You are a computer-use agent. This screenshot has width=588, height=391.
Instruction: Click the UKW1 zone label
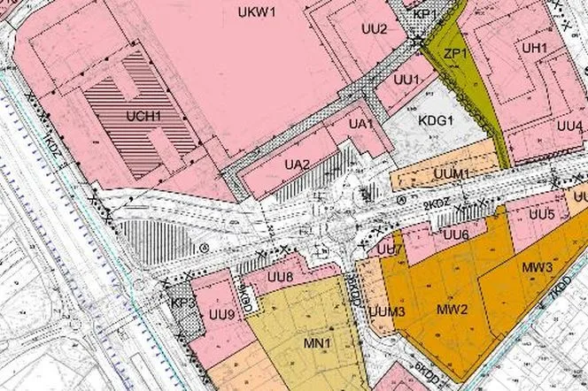pyautogui.click(x=258, y=11)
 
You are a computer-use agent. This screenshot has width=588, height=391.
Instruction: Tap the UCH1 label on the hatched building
pyautogui.click(x=143, y=115)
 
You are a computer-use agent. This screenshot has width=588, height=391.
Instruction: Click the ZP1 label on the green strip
pyautogui.click(x=455, y=54)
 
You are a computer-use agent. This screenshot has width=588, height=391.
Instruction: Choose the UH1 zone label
pyautogui.click(x=534, y=47)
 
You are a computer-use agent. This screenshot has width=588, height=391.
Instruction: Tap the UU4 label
pyautogui.click(x=570, y=126)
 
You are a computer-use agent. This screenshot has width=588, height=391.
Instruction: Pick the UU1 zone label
pyautogui.click(x=406, y=80)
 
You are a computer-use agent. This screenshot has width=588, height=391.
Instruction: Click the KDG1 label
pyautogui.click(x=436, y=120)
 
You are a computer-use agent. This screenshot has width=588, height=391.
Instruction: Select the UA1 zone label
pyautogui.click(x=360, y=124)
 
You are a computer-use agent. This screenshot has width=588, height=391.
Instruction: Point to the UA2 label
pyautogui.click(x=298, y=164)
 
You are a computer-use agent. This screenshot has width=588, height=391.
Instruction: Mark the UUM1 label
pyautogui.click(x=452, y=172)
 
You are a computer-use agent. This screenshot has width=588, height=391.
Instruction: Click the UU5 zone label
pyautogui.click(x=543, y=214)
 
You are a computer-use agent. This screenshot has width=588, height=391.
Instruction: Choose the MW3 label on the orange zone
pyautogui.click(x=538, y=266)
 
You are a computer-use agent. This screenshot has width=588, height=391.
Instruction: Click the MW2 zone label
pyautogui.click(x=452, y=310)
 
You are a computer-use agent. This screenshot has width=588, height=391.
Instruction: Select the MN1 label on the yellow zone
pyautogui.click(x=316, y=343)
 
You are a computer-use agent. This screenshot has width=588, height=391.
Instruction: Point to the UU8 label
pyautogui.click(x=280, y=279)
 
